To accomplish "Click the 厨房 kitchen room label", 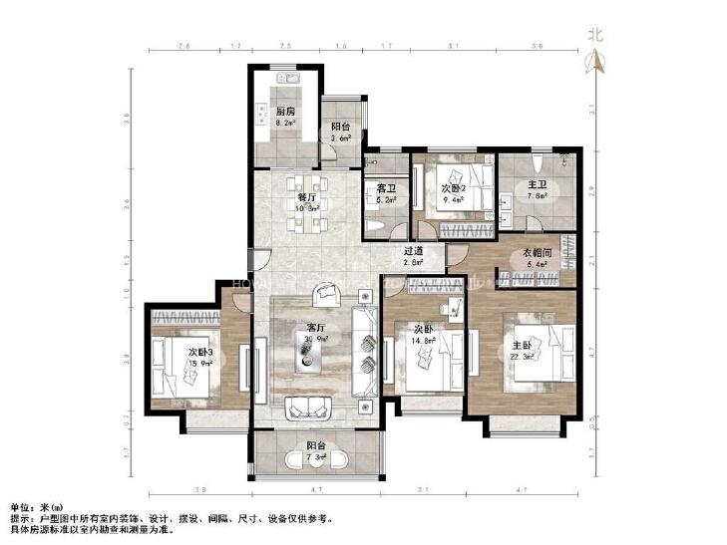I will pyautogui.click(x=285, y=111).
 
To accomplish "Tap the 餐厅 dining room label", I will pyautogui.click(x=306, y=197).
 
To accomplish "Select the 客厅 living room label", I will pyautogui.click(x=316, y=327).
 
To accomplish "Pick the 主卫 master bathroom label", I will pyautogui.click(x=537, y=185).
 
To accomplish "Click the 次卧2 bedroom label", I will pyautogui.click(x=454, y=186).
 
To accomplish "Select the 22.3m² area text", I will pyautogui.click(x=522, y=357).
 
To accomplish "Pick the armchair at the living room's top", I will pyautogui.click(x=326, y=295).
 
